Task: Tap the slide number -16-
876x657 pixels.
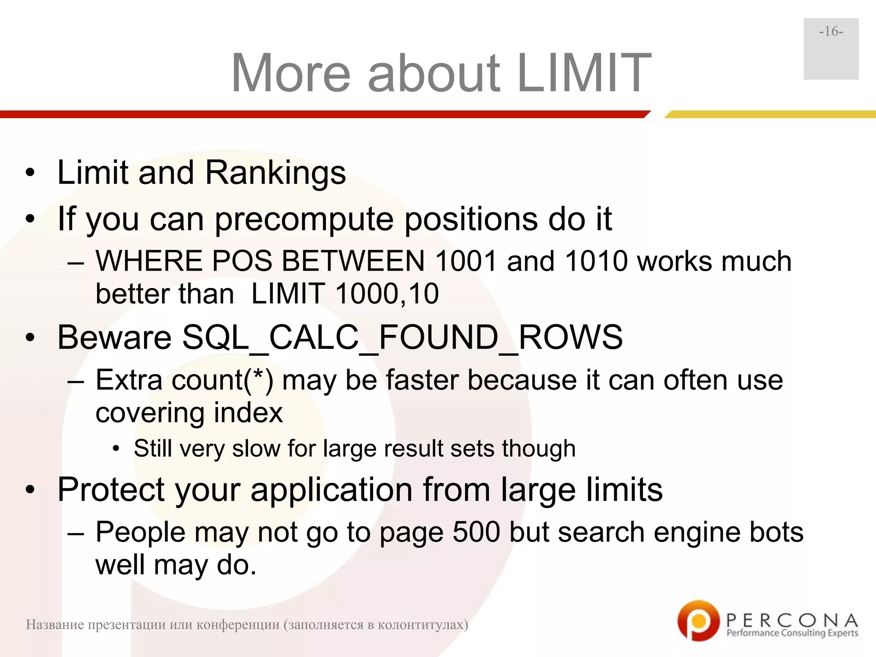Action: [831, 32]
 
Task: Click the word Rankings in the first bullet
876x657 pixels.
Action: [275, 172]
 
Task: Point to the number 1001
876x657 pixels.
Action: [466, 261]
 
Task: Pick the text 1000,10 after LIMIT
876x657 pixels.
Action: [387, 294]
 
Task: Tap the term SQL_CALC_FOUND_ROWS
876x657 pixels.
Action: [402, 337]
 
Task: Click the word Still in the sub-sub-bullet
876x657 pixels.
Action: [155, 449]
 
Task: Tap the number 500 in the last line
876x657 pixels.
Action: [476, 532]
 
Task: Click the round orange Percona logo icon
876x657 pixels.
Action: [698, 621]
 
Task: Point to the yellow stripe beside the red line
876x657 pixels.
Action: [770, 114]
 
